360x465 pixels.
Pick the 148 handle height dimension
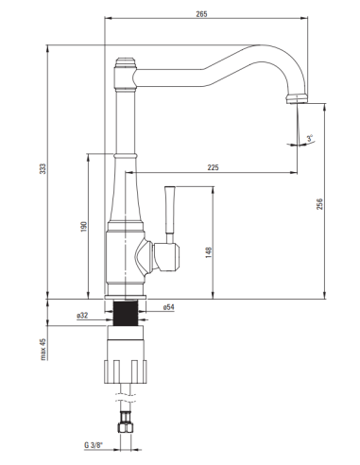(x=208, y=252)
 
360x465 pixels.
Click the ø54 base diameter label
(x=167, y=307)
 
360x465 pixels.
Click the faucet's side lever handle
(x=171, y=210)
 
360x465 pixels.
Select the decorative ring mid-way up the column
(x=125, y=153)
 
